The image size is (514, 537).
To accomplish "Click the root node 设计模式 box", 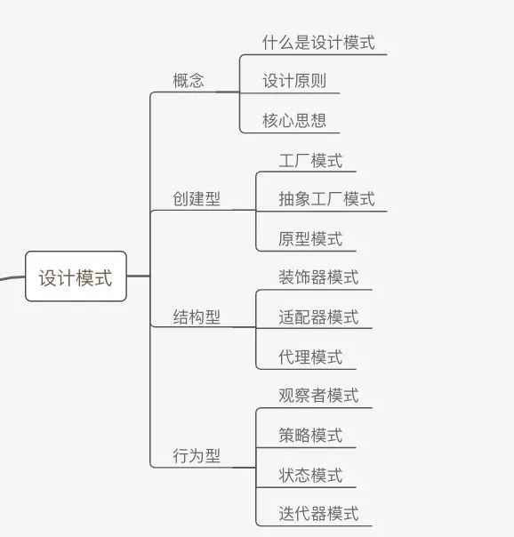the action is (x=76, y=277).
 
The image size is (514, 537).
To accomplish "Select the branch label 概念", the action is (x=189, y=81).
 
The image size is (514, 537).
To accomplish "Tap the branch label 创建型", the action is (x=197, y=198).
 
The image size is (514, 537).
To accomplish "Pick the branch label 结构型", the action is (x=197, y=317).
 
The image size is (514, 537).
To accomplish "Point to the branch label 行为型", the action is (x=197, y=456).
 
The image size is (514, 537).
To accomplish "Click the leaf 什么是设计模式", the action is (x=318, y=43).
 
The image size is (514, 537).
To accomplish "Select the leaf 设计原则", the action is (x=294, y=81).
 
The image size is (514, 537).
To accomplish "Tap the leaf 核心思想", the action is (x=294, y=121).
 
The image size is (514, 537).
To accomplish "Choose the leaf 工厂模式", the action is (x=310, y=161).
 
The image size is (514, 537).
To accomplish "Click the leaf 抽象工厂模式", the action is (x=326, y=199).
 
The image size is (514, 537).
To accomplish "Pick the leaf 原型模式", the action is (x=310, y=238).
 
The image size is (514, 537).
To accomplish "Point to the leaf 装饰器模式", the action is (x=318, y=277).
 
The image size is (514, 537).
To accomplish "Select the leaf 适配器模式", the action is (x=318, y=317).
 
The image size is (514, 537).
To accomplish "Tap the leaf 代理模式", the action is (x=310, y=357).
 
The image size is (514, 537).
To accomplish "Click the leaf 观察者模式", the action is (x=318, y=396).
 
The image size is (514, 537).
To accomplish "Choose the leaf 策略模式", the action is (x=310, y=436).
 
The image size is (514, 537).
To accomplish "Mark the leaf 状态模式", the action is (x=310, y=476).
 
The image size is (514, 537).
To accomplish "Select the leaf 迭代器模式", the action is (x=318, y=514).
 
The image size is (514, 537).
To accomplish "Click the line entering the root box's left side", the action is (x=12, y=277).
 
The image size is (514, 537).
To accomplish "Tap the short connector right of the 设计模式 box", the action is (x=139, y=276).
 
